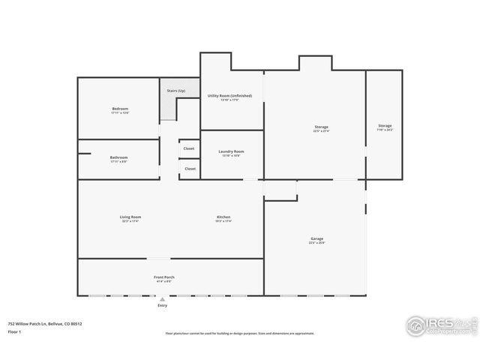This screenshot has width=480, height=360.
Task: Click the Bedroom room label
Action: click(x=120, y=109)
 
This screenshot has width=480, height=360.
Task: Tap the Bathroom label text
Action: click(x=119, y=157)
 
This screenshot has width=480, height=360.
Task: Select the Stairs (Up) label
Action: click(x=177, y=91)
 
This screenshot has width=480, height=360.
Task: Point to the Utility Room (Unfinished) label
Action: click(x=229, y=96)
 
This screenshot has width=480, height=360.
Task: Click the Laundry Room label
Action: click(x=231, y=151)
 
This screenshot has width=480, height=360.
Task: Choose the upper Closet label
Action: click(x=190, y=148)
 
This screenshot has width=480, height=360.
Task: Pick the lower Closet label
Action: click(x=190, y=169)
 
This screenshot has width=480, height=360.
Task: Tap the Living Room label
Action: click(x=130, y=217)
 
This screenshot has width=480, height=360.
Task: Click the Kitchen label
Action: click(x=223, y=217)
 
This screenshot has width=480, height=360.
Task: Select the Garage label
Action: click(x=316, y=239)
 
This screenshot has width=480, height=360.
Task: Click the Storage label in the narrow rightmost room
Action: click(x=385, y=125)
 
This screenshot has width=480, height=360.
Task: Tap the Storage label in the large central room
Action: click(x=321, y=127)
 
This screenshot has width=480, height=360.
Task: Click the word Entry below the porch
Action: click(x=163, y=305)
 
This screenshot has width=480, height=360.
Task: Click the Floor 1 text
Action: click(x=14, y=331)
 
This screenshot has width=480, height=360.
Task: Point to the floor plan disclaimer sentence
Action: click(x=239, y=334)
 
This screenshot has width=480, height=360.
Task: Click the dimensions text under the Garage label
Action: click(x=316, y=243)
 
